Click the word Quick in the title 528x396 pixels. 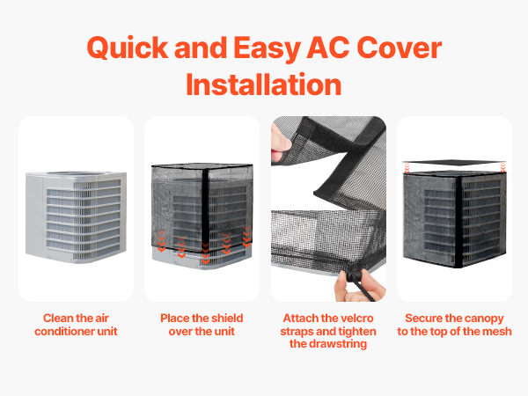click(128, 48)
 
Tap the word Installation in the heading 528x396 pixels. click(264, 84)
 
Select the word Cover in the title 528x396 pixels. click(399, 48)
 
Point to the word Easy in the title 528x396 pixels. click(267, 49)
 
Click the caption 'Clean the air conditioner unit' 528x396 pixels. click(76, 325)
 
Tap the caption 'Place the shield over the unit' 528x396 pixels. click(202, 325)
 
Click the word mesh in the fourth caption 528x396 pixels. click(497, 332)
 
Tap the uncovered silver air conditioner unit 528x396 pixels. click(76, 216)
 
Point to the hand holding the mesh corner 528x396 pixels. click(281, 142)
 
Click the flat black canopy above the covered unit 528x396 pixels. click(454, 163)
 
